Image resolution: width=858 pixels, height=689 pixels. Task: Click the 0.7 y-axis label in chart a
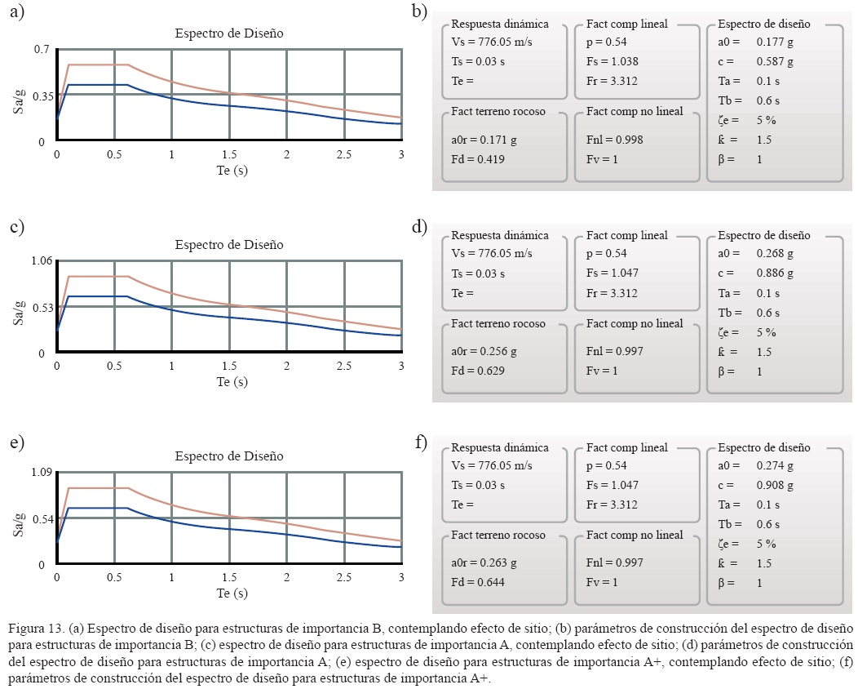click(x=42, y=50)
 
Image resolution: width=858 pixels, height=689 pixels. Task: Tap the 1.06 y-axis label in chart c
click(x=41, y=261)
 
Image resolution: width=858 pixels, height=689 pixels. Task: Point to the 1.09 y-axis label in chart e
click(x=41, y=473)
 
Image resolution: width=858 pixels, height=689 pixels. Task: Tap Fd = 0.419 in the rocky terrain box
click(x=478, y=159)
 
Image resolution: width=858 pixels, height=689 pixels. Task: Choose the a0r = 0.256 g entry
click(x=484, y=352)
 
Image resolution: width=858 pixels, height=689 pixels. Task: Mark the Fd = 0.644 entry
click(x=478, y=583)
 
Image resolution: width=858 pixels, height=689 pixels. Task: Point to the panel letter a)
click(x=16, y=11)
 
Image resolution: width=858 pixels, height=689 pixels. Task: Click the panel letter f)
click(x=421, y=442)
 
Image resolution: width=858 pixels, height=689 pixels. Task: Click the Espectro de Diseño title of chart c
click(x=229, y=245)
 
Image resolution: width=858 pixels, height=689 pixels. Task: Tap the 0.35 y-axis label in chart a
click(x=42, y=96)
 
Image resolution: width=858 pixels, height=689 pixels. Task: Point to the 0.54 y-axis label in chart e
click(x=41, y=519)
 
